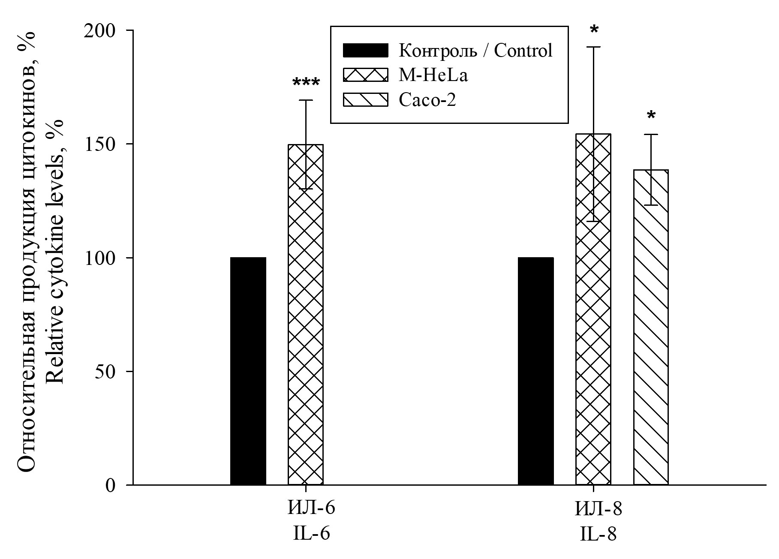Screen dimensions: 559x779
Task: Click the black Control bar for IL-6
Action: coord(248,371)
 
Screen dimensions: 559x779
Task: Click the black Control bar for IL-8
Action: coord(535,371)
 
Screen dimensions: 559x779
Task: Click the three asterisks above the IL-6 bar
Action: coord(306,83)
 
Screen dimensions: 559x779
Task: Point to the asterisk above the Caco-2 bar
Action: coord(651,116)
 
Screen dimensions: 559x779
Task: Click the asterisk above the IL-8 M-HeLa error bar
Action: coord(594,30)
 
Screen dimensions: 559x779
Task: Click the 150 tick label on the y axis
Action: coord(104,144)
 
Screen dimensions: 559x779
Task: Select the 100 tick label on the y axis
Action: coord(104,258)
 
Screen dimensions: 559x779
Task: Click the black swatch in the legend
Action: coord(366,51)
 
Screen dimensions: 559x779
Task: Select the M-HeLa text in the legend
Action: coord(433,75)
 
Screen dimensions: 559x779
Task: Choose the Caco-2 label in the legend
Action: coord(427,100)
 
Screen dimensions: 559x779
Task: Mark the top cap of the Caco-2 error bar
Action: coord(651,135)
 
